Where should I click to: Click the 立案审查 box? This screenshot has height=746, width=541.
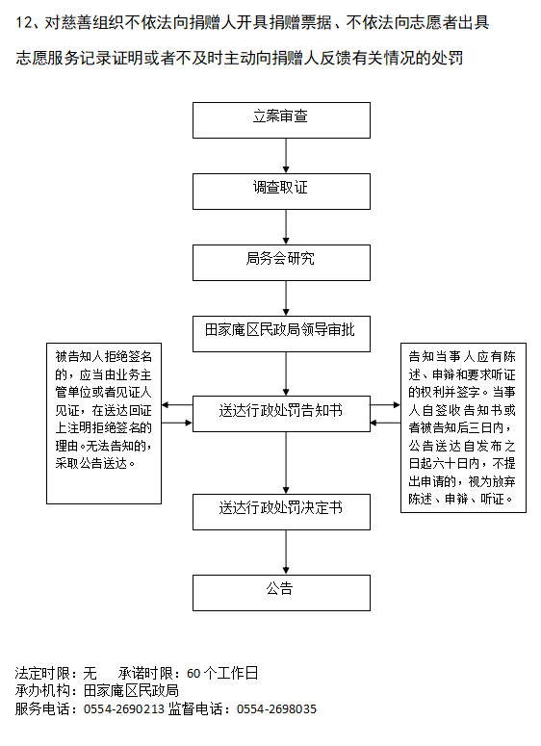(x=281, y=120)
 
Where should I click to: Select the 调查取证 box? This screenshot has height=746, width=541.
(x=281, y=192)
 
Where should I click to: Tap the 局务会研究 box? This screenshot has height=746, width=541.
(x=281, y=263)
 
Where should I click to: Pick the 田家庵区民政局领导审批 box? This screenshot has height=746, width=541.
(x=281, y=334)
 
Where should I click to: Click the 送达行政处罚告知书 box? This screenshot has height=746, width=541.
(x=281, y=414)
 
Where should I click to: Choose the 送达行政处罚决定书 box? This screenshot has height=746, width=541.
(x=281, y=512)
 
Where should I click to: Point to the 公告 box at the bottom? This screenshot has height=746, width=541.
(x=281, y=593)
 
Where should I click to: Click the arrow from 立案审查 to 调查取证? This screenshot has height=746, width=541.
(x=286, y=156)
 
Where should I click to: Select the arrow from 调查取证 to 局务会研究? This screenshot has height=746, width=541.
(x=286, y=227)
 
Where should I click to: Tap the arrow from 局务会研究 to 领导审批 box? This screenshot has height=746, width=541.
(x=286, y=298)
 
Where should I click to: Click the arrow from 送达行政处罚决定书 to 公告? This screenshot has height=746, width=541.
(x=286, y=553)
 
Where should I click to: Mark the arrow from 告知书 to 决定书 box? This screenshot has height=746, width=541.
(x=286, y=463)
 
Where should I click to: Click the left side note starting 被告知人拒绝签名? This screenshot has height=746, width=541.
(x=104, y=424)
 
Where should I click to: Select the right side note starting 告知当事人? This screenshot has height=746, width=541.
(x=463, y=427)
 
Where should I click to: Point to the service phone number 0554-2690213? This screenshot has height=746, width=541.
(x=124, y=709)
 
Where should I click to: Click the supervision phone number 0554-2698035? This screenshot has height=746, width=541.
(x=276, y=709)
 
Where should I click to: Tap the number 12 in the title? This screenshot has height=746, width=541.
(x=23, y=23)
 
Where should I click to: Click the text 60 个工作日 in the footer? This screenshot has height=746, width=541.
(x=222, y=673)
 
